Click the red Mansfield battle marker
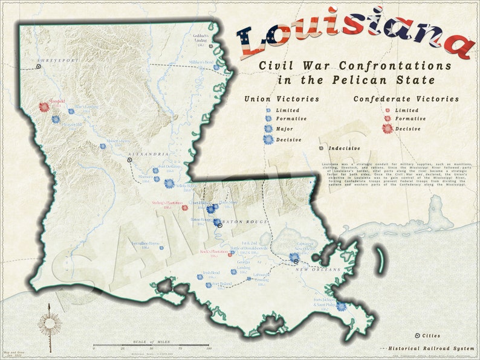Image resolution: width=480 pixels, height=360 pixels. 44,107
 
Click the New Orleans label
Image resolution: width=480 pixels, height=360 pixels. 318,269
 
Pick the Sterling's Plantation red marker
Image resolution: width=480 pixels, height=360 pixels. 185,208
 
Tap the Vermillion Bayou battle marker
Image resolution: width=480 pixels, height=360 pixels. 161,247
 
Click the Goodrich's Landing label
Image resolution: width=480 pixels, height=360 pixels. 200,39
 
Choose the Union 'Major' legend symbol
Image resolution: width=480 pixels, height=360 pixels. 268,129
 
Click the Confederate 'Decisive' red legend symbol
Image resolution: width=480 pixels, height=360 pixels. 387,128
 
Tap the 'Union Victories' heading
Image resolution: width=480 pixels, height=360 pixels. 282,99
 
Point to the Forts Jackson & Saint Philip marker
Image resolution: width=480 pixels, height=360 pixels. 342,306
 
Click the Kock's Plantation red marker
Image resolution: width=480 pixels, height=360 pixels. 230,254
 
